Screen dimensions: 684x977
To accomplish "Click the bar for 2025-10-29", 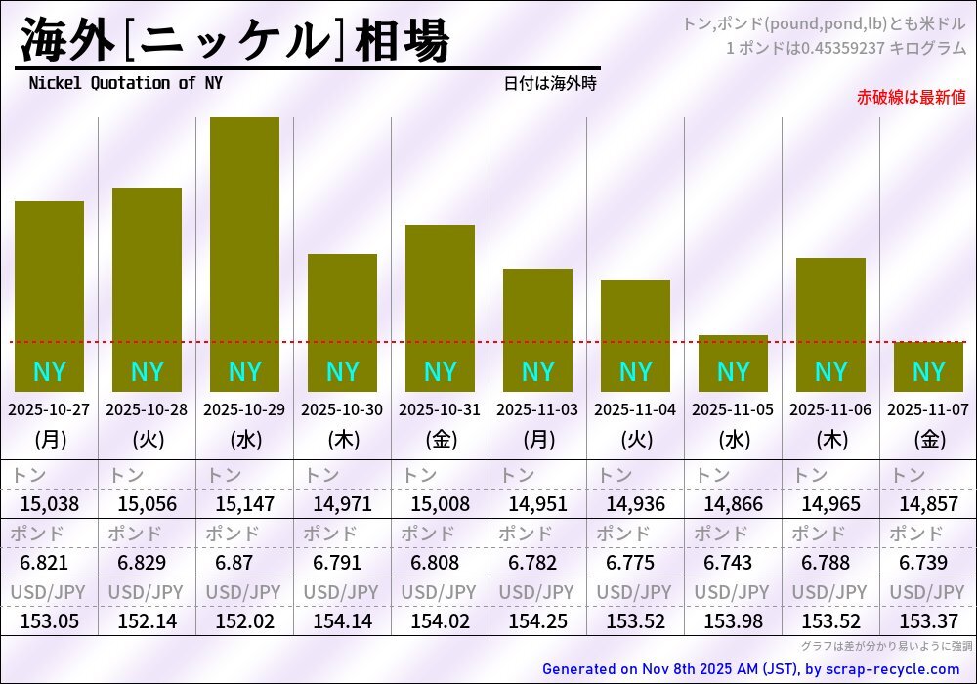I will click(244, 254).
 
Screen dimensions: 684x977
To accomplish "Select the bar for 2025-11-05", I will click(733, 363).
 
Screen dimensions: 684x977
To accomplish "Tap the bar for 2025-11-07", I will click(928, 366).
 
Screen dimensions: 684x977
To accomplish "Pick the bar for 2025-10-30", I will click(342, 322).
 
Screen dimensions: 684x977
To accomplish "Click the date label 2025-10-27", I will click(49, 410).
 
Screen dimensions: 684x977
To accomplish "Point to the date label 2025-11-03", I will click(537, 410).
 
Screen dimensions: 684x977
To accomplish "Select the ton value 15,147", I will click(244, 504).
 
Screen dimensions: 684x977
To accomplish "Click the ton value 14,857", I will click(928, 504).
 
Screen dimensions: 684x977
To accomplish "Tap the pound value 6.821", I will click(49, 563).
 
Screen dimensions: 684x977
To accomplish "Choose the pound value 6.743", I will click(733, 563).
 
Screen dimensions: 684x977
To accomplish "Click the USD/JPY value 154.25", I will click(537, 621).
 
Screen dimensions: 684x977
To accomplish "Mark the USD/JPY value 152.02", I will click(244, 621).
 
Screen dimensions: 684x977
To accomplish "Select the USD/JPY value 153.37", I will click(928, 621).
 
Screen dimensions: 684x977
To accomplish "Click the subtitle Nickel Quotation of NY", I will click(125, 83).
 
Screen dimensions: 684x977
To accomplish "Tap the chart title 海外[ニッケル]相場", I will click(234, 41).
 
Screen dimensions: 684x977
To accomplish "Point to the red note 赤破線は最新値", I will click(911, 97).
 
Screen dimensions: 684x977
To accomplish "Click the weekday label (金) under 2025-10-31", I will click(440, 440).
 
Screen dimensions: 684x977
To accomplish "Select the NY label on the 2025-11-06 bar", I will click(830, 371).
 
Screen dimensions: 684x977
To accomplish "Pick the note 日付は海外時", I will click(550, 84).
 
